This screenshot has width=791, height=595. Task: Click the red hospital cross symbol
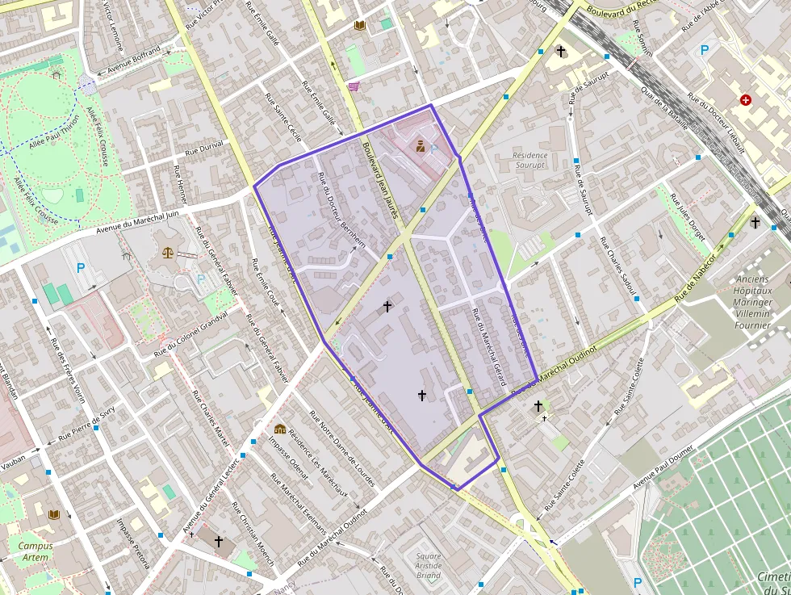tap(745, 101)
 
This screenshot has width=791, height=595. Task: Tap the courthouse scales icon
tap(168, 252)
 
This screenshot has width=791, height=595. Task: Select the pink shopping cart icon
tap(354, 86)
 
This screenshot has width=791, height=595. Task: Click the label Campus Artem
tap(35, 551)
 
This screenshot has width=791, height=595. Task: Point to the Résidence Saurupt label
tap(530, 160)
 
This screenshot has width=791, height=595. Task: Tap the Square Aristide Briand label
tap(429, 565)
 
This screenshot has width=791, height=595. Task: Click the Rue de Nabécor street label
tap(696, 279)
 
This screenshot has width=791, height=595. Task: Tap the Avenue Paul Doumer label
tap(664, 469)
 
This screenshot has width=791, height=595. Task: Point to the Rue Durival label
tap(204, 149)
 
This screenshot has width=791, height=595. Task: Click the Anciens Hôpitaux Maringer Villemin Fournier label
tap(752, 303)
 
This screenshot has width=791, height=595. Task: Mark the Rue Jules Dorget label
tap(688, 218)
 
